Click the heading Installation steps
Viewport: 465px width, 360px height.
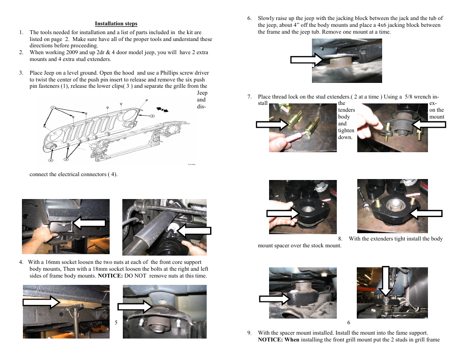point(116,23)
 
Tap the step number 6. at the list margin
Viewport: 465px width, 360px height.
point(249,19)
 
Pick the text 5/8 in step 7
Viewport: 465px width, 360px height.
point(407,97)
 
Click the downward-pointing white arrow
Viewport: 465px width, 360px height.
point(386,281)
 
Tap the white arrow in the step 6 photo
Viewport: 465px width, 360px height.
point(307,60)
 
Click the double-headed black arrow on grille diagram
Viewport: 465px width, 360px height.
point(162,109)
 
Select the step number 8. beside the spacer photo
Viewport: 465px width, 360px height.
point(340,239)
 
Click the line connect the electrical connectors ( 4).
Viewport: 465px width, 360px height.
point(74,174)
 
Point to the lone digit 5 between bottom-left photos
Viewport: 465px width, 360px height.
point(116,322)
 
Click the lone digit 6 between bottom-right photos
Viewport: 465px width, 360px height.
point(349,322)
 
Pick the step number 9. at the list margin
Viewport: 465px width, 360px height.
point(249,333)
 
